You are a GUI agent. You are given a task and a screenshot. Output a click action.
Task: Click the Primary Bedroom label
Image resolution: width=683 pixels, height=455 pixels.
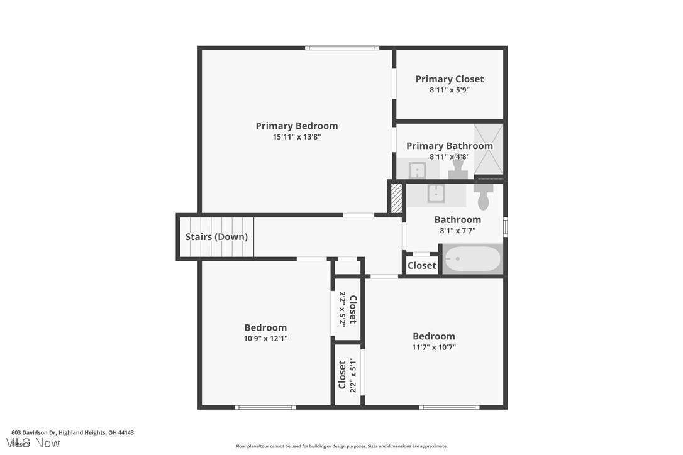(x=296, y=126)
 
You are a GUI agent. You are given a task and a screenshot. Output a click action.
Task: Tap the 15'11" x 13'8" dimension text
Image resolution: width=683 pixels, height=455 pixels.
(x=296, y=136)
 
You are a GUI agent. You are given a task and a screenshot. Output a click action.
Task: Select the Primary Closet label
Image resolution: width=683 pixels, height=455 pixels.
(x=450, y=79)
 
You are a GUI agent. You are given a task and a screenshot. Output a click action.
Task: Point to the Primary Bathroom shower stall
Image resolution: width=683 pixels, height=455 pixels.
(x=488, y=149)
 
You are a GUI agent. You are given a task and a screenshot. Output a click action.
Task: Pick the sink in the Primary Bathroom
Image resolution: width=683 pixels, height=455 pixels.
(x=417, y=170)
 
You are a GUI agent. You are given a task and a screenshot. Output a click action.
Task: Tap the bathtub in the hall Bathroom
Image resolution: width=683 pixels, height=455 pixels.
(x=473, y=259)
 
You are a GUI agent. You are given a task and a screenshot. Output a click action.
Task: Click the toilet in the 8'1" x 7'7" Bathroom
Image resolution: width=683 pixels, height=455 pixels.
(x=483, y=195)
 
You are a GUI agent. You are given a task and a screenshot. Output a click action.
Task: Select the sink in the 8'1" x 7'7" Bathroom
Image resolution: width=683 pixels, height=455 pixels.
(x=436, y=194)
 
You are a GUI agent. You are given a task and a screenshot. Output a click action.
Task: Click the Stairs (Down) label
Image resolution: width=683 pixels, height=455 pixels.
(x=216, y=237)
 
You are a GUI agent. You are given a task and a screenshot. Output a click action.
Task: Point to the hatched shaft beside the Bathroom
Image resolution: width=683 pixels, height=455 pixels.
(x=396, y=198)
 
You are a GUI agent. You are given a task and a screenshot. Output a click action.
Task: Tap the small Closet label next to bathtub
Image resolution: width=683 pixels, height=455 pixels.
(x=421, y=265)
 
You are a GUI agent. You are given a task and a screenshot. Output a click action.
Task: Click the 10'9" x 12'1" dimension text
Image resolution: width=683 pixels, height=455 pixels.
(x=265, y=338)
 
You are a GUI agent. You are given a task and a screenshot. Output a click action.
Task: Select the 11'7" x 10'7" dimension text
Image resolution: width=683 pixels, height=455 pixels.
(x=433, y=347)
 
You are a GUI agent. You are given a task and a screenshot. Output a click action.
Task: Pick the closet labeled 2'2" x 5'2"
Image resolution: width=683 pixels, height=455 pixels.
(x=348, y=309)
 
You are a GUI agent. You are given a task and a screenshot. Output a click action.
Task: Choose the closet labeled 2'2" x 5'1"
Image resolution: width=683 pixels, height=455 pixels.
(x=348, y=375)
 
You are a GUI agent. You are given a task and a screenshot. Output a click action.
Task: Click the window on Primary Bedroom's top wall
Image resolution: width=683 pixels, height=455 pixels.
(x=342, y=48)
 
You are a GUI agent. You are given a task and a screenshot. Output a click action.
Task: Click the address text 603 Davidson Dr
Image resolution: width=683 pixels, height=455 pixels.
(x=72, y=432)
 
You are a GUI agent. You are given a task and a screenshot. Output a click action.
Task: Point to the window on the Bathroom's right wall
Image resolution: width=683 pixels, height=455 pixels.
(x=505, y=226)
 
